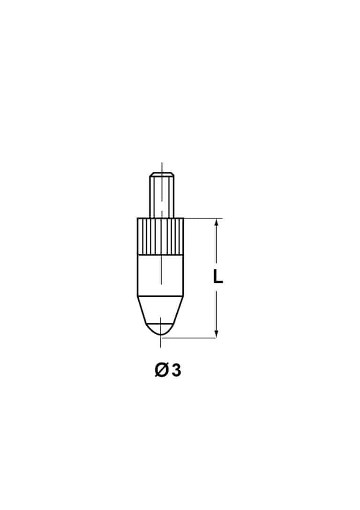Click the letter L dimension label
pyautogui.click(x=217, y=276)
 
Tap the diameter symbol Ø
pyautogui.click(x=161, y=370)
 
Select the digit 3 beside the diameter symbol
pyautogui.click(x=176, y=371)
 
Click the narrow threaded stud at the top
pyautogui.click(x=162, y=195)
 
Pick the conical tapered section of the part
pyautogui.click(x=160, y=310)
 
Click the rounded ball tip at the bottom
pyautogui.click(x=160, y=329)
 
